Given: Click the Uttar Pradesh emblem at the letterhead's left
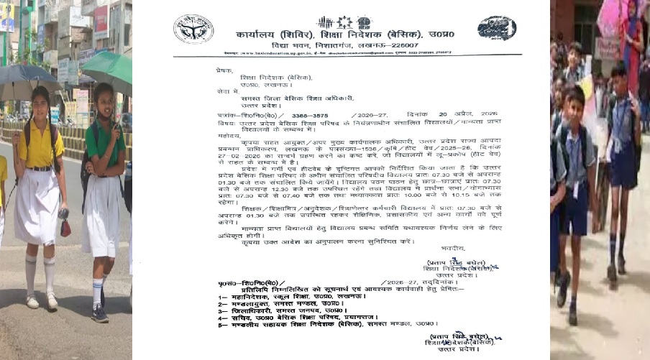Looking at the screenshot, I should click(193, 29).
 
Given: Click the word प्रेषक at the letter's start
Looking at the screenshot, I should click(225, 71).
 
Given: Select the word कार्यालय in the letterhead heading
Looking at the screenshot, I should click(262, 32).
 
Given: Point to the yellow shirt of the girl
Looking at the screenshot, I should click(42, 147).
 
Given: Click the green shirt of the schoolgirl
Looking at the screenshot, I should click(106, 141).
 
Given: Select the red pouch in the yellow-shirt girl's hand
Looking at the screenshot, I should click(65, 228).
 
